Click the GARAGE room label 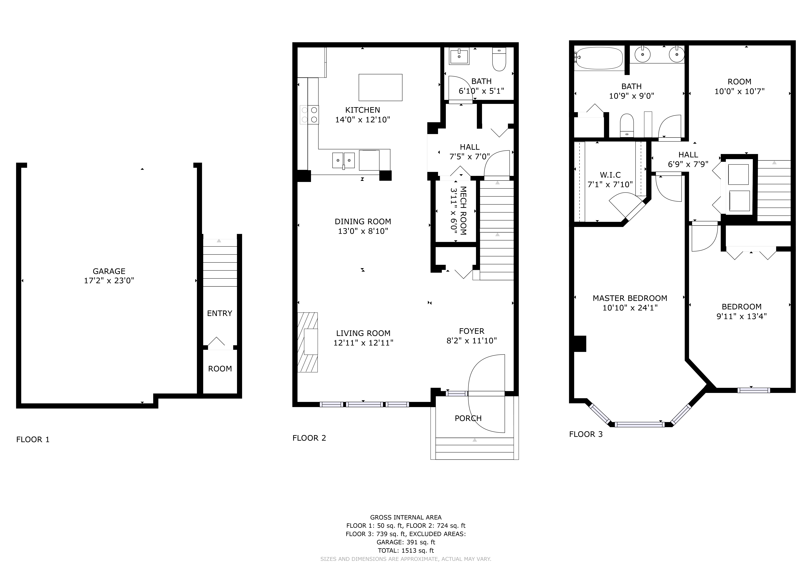pyautogui.click(x=109, y=271)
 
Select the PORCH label pyautogui.click(x=468, y=418)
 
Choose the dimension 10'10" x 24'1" pyautogui.click(x=630, y=308)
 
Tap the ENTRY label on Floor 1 pyautogui.click(x=220, y=313)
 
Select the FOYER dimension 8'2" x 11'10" pyautogui.click(x=472, y=341)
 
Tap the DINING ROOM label pyautogui.click(x=363, y=222)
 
